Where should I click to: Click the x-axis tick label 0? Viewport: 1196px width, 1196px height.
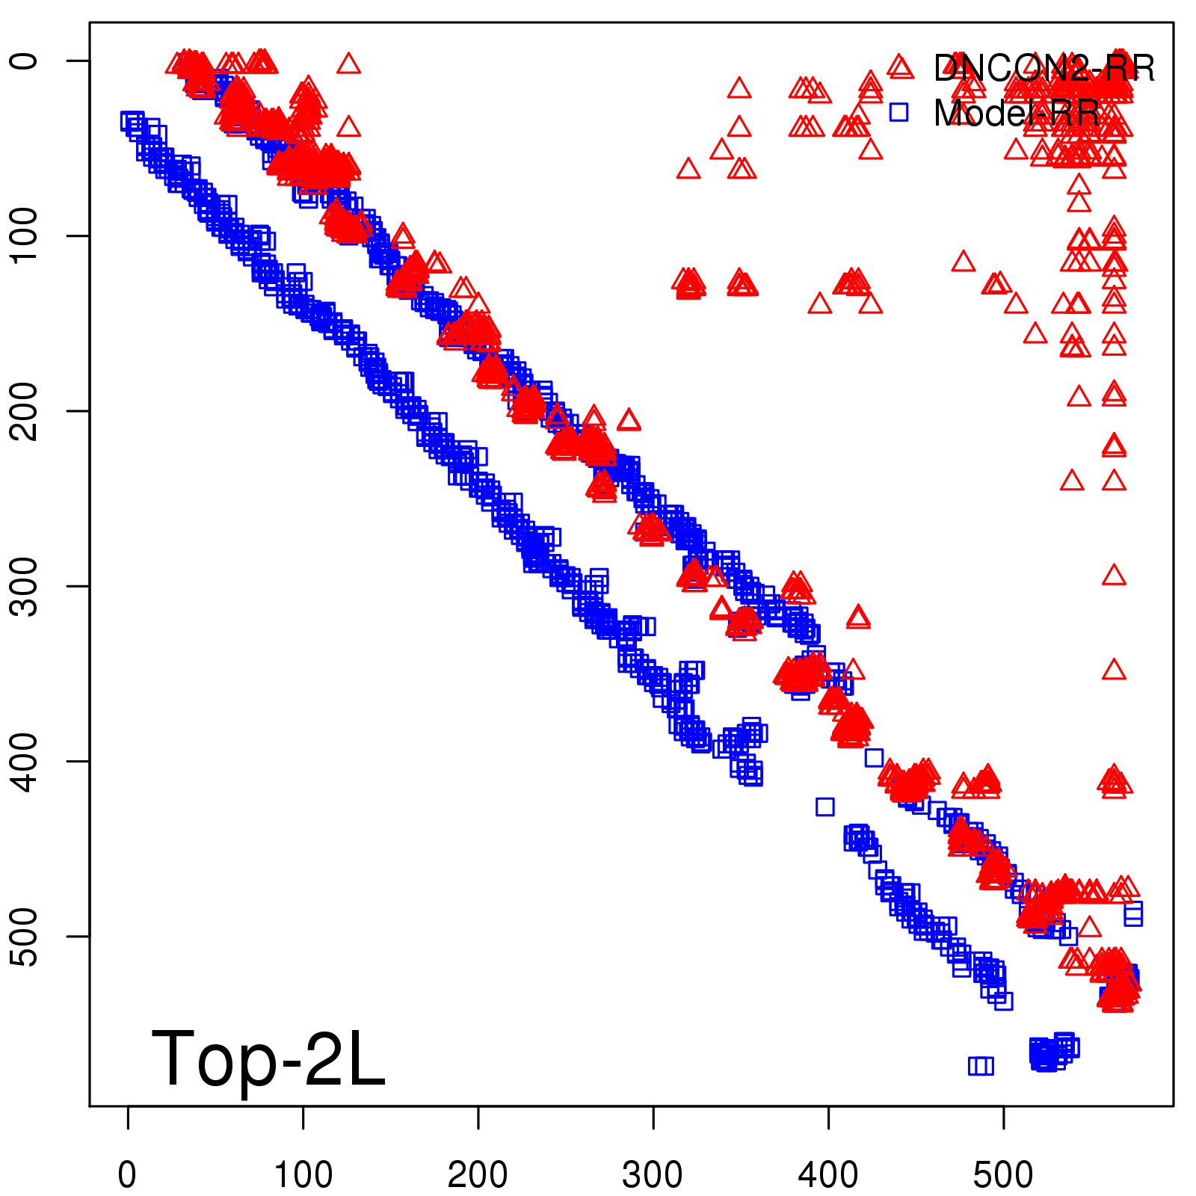[x=128, y=1175]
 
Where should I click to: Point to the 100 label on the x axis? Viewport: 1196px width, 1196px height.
[x=303, y=1175]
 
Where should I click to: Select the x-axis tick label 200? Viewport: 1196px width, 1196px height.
[x=478, y=1175]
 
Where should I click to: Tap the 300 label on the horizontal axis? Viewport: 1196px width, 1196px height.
[x=653, y=1175]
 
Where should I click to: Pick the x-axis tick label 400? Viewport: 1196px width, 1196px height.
[x=828, y=1175]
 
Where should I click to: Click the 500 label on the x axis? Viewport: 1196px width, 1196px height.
[x=1003, y=1175]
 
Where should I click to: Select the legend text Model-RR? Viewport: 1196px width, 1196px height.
[x=1017, y=113]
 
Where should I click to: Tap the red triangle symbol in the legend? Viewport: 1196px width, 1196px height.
[x=900, y=67]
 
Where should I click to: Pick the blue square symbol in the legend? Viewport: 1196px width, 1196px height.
[x=898, y=112]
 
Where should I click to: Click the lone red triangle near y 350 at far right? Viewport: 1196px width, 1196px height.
[x=1114, y=670]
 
